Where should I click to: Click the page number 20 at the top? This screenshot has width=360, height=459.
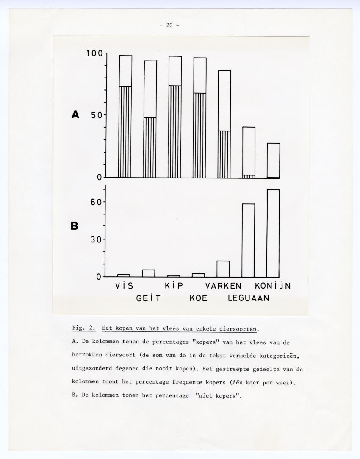click(x=169, y=25)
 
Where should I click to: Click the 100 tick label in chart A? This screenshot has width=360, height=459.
click(x=94, y=53)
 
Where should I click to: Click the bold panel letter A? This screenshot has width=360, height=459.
click(x=75, y=114)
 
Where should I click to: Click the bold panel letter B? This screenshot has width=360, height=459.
click(x=75, y=226)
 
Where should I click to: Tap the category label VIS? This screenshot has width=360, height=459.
click(x=124, y=286)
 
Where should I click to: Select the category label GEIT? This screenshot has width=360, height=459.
click(x=148, y=298)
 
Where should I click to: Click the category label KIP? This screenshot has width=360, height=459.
click(x=174, y=286)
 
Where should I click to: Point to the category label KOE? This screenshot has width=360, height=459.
click(x=198, y=298)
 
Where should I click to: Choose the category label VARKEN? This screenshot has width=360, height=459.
click(x=223, y=286)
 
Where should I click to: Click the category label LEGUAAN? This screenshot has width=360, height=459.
click(x=249, y=298)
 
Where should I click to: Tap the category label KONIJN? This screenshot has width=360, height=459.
click(x=273, y=286)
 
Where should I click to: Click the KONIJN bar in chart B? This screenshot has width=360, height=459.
click(x=273, y=233)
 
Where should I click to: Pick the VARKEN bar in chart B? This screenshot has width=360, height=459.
click(x=223, y=269)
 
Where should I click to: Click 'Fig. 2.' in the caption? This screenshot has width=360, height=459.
click(x=83, y=328)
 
